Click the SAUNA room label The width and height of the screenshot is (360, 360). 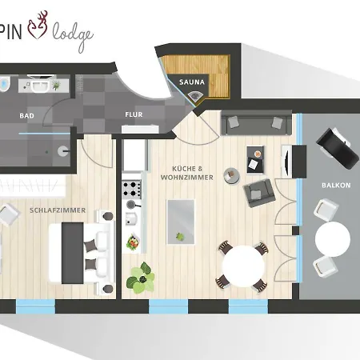(x=191, y=81)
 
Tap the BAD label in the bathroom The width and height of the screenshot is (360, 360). (x=26, y=115)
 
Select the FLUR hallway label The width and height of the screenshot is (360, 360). (x=134, y=114)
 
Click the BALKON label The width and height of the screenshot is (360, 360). (x=336, y=184)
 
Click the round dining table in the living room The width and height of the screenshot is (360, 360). (x=240, y=265)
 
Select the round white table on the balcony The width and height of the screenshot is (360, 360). (x=332, y=238)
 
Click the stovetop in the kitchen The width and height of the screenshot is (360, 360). (x=131, y=190)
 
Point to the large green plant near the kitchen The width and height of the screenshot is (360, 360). (x=142, y=278)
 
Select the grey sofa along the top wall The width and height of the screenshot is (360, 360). (x=255, y=124)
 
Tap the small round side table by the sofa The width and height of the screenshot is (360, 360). (x=230, y=173)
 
